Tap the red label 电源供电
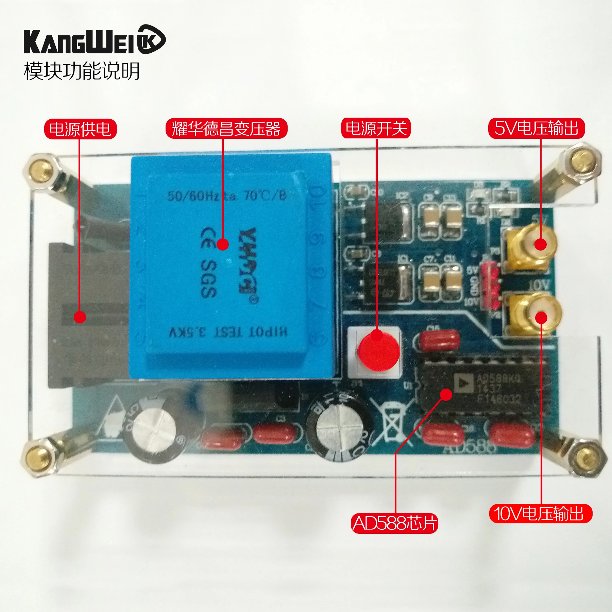80,129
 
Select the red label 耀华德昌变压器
226,129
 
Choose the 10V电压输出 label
541,513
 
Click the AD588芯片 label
394,523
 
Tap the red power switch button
377,350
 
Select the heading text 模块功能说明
82,71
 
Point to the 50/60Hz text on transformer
194,196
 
